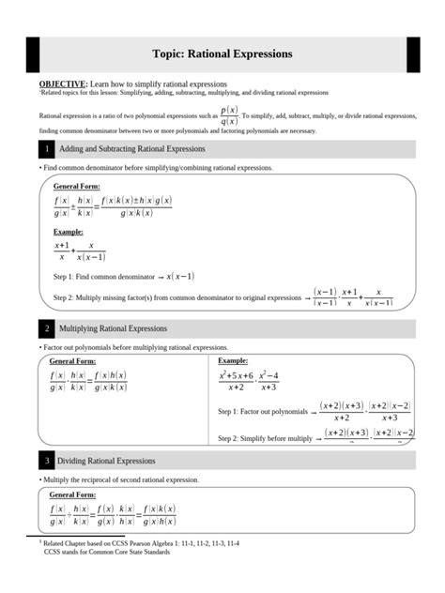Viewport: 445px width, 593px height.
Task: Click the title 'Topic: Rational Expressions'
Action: pos(222,54)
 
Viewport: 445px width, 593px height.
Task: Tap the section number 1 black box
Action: pos(45,149)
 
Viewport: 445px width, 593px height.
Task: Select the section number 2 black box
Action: pos(45,328)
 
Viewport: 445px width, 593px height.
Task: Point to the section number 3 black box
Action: pos(45,461)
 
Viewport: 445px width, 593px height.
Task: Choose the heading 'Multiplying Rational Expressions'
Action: pos(113,328)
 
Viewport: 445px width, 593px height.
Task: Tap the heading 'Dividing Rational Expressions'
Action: pos(106,461)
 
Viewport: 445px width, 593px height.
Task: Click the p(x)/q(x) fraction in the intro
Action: pos(228,115)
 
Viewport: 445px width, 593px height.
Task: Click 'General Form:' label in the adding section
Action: pos(76,187)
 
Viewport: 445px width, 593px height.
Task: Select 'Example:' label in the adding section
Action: pos(68,231)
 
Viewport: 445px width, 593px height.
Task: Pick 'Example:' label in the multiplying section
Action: pos(233,360)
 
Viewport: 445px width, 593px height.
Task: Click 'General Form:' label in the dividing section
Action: pos(72,494)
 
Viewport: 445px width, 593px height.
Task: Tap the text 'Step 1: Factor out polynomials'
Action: pos(263,412)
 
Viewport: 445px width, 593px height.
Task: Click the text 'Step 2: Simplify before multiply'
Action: pos(265,438)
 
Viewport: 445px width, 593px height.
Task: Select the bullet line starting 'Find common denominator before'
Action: pos(143,167)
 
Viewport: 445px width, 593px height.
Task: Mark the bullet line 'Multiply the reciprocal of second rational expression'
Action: pos(119,479)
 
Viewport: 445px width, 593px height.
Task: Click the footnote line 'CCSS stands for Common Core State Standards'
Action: pos(107,552)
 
